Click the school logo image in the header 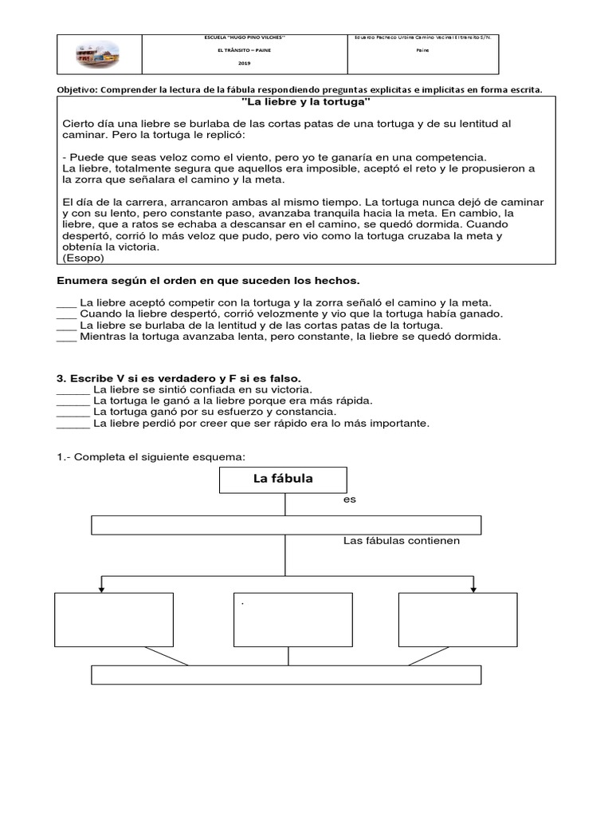(100, 55)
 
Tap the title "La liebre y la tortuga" (306, 103)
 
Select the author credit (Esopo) (82, 258)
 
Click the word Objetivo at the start (79, 89)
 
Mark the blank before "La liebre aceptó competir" (66, 303)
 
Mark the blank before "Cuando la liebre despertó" (66, 314)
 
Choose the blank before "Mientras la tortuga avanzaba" (66, 337)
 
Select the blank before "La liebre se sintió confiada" (73, 389)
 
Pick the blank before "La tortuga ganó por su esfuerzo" (73, 412)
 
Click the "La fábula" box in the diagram (282, 480)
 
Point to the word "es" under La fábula (349, 499)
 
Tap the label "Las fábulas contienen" (402, 541)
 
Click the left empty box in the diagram (113, 620)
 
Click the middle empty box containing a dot (292, 620)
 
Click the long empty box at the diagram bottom (286, 675)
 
